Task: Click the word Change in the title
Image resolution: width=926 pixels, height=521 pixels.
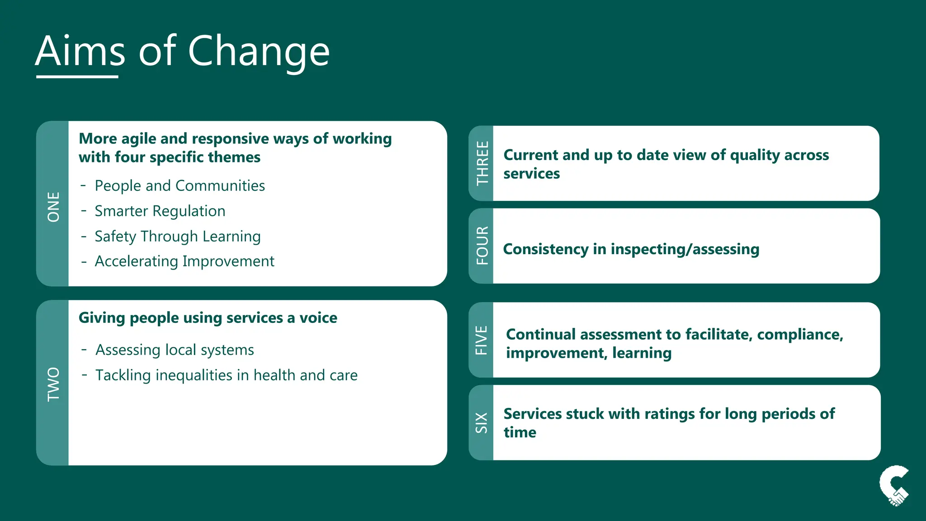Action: point(259,52)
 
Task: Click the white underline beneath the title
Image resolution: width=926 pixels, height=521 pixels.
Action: point(77,77)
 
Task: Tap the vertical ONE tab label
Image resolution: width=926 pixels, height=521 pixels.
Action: point(53,207)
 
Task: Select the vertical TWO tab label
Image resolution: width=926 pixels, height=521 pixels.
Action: point(53,384)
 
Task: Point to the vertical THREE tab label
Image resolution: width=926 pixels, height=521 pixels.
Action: point(482,163)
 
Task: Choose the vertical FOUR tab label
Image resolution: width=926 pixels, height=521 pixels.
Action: point(482,246)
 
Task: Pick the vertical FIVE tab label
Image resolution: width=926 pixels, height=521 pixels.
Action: point(482,340)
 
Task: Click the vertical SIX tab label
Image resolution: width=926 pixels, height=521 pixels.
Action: point(482,422)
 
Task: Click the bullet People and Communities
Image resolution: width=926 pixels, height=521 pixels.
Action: point(180,186)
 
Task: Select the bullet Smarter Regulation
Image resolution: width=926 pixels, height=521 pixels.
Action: point(160,211)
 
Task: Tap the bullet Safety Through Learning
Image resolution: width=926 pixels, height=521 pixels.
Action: point(177,237)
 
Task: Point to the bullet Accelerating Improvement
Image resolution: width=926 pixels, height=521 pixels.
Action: point(184,261)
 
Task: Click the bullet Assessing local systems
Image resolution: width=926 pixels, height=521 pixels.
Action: point(175,350)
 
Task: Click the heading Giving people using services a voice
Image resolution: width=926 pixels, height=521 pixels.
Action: point(208,318)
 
